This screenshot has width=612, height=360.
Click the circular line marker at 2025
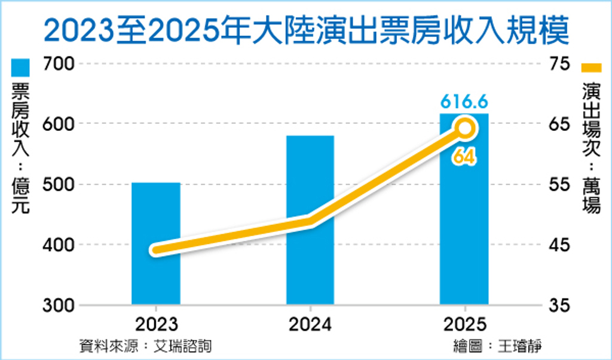[465, 128]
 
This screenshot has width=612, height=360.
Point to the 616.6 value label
[464, 101]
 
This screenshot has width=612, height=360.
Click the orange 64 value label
[464, 157]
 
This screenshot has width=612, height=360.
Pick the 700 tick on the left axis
[58, 63]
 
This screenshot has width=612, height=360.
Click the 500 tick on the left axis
[58, 184]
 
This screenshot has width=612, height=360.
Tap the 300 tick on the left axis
[58, 305]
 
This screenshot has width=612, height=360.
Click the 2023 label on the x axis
[156, 324]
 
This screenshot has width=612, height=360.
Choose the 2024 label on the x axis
[310, 324]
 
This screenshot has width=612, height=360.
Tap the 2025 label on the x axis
[464, 324]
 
